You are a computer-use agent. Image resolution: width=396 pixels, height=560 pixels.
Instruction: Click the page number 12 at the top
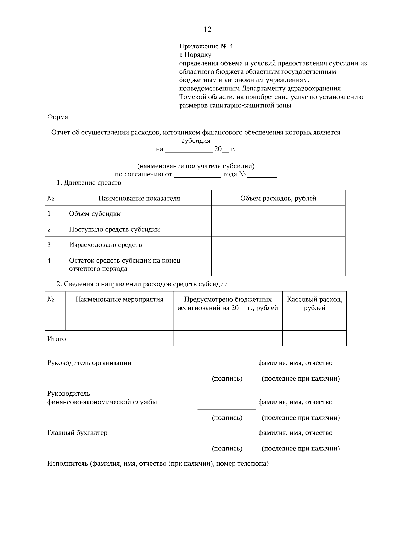[207, 30]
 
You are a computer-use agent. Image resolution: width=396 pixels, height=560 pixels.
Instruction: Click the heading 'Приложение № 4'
[206, 46]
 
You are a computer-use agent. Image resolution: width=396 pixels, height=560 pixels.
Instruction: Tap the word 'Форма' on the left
[57, 117]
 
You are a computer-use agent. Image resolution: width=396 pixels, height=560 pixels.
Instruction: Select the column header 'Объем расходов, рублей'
[278, 198]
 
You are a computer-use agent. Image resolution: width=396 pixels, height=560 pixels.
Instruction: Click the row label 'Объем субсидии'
[95, 214]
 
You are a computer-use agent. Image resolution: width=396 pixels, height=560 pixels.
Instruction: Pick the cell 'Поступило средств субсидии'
[114, 229]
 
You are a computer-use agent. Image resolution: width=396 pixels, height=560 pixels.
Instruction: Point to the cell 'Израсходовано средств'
[105, 245]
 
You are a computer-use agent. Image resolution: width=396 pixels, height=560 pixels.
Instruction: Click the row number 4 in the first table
[49, 260]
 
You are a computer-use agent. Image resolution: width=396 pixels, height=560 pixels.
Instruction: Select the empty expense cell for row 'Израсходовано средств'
[278, 245]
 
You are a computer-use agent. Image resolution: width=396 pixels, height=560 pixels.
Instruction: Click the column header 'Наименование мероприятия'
[119, 299]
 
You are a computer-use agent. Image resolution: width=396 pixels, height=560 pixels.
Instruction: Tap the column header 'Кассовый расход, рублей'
[314, 303]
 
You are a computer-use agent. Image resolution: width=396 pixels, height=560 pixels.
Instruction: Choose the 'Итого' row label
[56, 339]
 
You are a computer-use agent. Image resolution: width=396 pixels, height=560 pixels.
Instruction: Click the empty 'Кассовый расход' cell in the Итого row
[314, 338]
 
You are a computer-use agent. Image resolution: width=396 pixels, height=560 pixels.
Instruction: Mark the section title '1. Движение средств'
[89, 183]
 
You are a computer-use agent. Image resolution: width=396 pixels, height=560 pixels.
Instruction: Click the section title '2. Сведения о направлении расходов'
[142, 284]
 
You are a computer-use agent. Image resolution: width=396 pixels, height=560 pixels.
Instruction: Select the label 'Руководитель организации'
[89, 363]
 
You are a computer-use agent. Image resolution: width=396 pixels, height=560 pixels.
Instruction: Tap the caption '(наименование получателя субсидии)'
[196, 166]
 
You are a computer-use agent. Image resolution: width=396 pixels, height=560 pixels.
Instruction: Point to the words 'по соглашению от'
[144, 174]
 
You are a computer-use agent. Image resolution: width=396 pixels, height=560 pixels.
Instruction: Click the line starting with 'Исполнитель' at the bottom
[158, 464]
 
